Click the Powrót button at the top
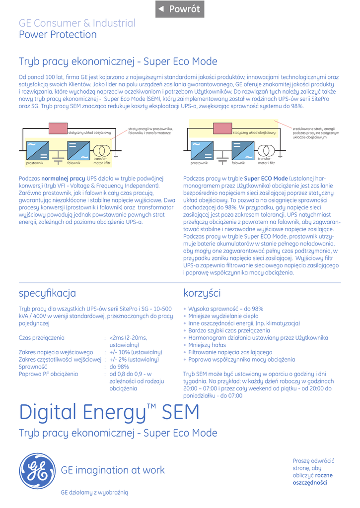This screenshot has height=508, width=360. point(180,9)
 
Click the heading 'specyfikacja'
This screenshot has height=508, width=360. point(47,293)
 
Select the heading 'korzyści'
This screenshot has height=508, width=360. point(202,293)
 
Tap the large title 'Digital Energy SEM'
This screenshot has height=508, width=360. point(109,412)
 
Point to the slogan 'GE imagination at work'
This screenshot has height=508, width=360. point(113,470)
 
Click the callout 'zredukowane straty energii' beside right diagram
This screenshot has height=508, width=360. point(316,132)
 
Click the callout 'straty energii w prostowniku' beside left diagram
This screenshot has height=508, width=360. point(150,131)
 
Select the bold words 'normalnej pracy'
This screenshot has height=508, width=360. point(63,178)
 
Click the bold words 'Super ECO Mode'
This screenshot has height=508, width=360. point(266,178)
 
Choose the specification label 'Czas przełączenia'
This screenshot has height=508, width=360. point(41,338)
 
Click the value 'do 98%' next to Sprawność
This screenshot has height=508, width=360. point(119,367)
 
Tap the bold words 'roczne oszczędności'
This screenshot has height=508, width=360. point(313,479)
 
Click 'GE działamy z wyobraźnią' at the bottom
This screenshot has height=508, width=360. point(94,492)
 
